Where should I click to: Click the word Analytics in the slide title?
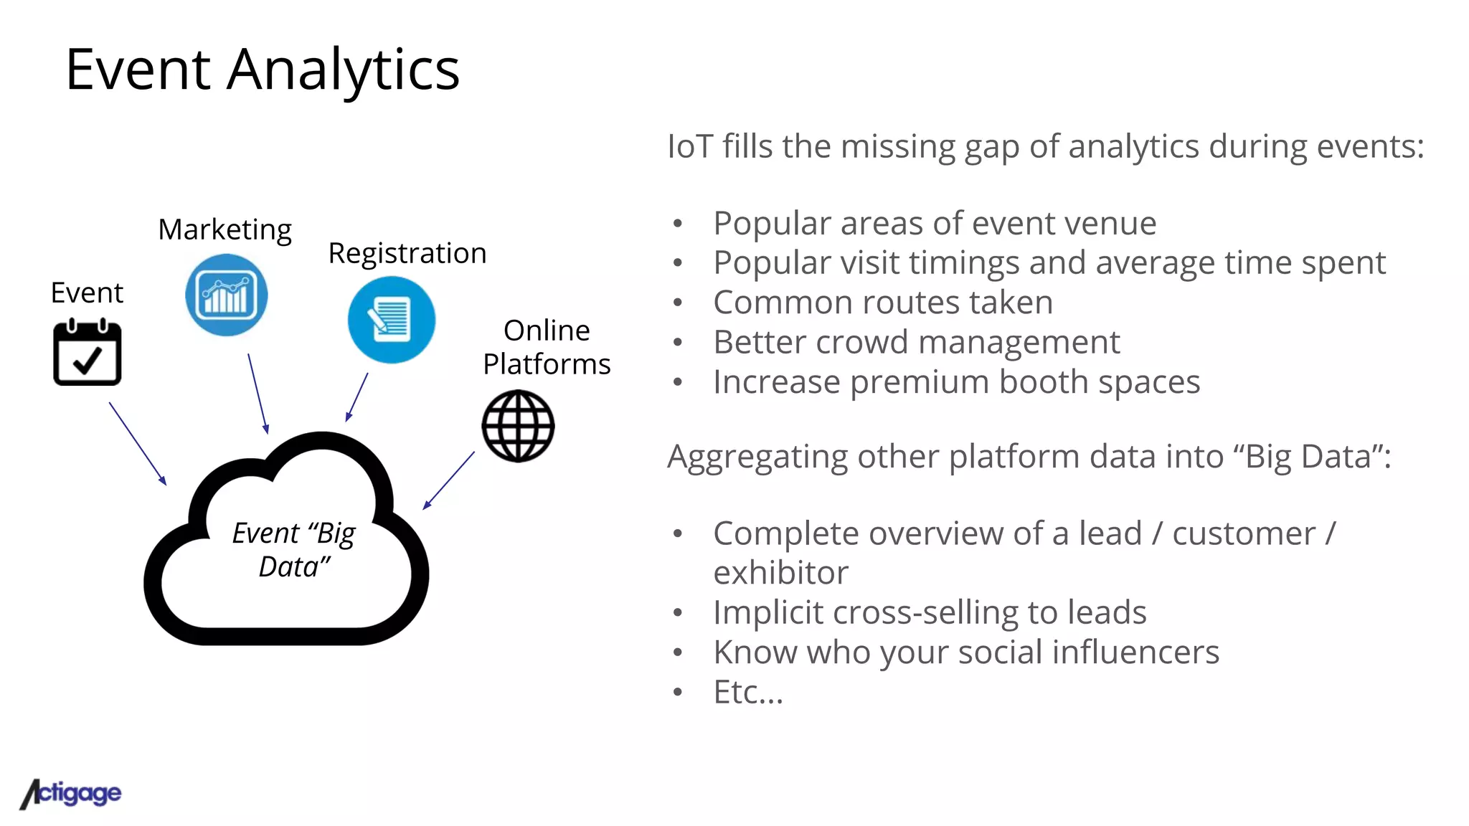(343, 70)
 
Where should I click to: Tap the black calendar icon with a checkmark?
(88, 353)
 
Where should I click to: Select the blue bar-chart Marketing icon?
(227, 295)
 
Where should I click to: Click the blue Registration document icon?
(391, 320)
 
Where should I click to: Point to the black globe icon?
(518, 426)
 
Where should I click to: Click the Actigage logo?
(71, 793)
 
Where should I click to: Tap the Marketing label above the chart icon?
(225, 229)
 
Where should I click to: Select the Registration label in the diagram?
(407, 253)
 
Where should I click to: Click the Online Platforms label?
(547, 347)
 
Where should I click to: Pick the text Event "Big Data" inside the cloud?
(294, 549)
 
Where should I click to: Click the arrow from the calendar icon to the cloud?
(137, 442)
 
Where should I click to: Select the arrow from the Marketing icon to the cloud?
(258, 393)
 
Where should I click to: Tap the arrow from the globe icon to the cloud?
(449, 480)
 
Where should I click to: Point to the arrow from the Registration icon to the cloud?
(357, 397)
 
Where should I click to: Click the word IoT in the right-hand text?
(690, 146)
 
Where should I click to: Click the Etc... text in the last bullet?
(748, 692)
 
